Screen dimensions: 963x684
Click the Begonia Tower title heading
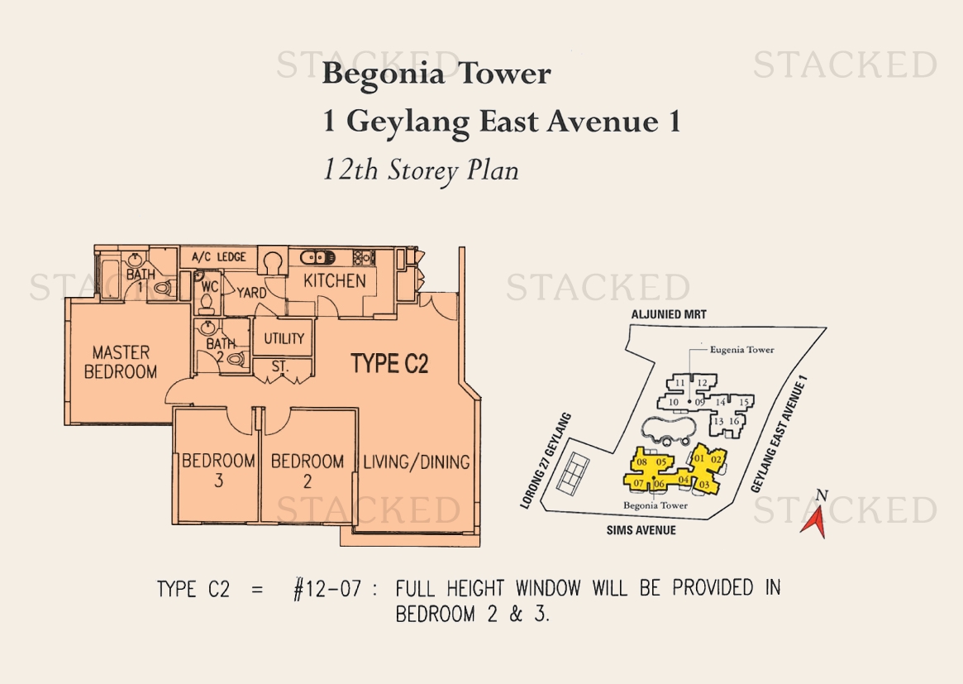tap(436, 74)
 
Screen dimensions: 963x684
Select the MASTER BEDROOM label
tap(121, 362)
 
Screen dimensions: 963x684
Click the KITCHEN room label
tap(335, 281)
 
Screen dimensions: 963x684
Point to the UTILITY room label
tap(284, 338)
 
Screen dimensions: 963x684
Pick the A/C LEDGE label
tap(219, 257)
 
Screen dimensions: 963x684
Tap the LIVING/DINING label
tap(417, 462)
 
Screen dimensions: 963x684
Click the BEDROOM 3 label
tap(219, 470)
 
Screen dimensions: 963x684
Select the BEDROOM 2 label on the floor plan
tap(307, 471)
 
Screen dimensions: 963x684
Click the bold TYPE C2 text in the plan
tap(389, 364)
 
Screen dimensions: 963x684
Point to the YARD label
tap(252, 293)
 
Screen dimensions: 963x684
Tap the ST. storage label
tap(280, 367)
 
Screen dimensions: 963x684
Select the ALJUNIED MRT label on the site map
tap(669, 314)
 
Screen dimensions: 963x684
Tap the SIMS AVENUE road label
tap(641, 529)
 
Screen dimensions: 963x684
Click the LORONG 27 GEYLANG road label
tap(546, 461)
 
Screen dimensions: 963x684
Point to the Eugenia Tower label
tap(742, 350)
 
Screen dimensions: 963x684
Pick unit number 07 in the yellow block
tap(639, 483)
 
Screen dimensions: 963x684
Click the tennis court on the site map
tap(573, 473)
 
